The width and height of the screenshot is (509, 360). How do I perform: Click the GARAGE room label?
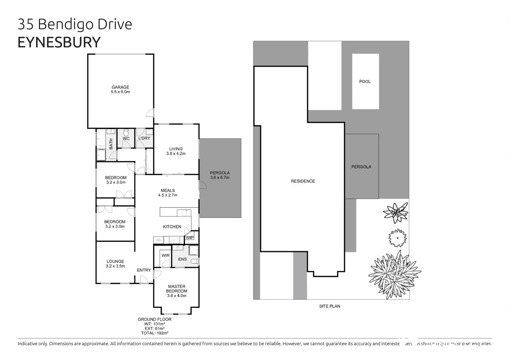click(120, 89)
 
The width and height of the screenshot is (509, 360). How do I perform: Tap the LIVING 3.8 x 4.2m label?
click(176, 151)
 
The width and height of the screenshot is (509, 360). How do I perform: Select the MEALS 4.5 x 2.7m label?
click(168, 193)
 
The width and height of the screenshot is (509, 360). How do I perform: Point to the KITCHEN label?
click(172, 227)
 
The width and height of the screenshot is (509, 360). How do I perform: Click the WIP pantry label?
click(190, 238)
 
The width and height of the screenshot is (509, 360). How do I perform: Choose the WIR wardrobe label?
click(166, 256)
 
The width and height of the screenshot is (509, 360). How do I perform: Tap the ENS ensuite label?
click(183, 259)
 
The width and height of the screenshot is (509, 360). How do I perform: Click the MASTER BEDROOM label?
click(177, 291)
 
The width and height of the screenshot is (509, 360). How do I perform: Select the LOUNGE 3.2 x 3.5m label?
click(115, 264)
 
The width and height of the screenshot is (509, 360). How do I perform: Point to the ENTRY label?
click(144, 270)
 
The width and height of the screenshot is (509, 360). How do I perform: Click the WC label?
click(126, 139)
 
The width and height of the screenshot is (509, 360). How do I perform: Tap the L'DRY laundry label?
click(144, 138)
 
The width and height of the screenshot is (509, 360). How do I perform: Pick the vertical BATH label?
click(111, 144)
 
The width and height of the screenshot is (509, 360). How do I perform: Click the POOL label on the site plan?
click(365, 81)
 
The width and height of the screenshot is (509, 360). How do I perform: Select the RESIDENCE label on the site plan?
click(303, 181)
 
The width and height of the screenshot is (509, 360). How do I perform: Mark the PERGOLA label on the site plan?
click(361, 167)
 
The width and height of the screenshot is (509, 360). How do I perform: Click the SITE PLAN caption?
click(329, 306)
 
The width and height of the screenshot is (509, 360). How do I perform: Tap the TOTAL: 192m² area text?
click(155, 333)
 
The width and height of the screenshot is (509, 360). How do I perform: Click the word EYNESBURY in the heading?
click(59, 42)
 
